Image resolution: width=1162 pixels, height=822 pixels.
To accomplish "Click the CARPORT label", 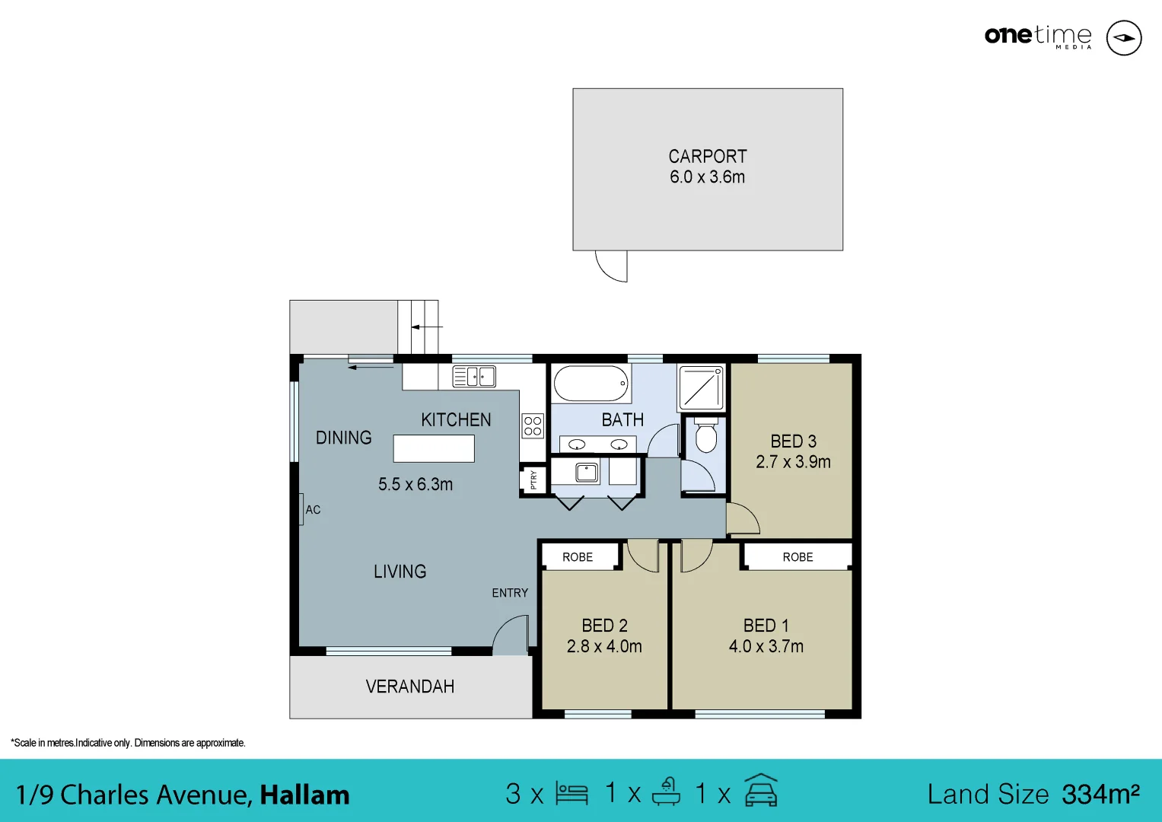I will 708,157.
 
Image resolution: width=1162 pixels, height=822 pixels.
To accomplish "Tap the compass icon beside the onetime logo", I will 1123,37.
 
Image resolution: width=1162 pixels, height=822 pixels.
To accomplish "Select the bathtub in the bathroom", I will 591,384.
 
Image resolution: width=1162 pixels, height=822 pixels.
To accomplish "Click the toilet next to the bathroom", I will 706,436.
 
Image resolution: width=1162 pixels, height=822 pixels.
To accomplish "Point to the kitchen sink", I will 474,376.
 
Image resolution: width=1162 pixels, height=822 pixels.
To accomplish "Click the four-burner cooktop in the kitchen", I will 533,426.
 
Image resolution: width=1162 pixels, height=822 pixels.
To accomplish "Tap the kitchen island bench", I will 434,448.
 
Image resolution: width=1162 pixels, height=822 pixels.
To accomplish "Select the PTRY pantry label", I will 533,480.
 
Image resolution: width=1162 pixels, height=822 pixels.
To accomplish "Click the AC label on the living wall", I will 313,510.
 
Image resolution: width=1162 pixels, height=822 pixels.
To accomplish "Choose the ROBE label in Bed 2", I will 578,557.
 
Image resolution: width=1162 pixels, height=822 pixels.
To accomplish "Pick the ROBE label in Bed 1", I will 797,557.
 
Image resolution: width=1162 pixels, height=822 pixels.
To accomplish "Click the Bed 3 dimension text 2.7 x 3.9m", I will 793,462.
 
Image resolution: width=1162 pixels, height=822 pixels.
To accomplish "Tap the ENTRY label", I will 510,593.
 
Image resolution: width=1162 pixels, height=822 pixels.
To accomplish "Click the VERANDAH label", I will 410,687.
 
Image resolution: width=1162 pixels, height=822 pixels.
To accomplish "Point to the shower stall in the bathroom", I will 702,387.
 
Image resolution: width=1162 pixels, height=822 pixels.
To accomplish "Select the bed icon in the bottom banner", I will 571,794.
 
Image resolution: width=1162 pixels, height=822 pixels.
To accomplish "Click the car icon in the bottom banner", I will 761,792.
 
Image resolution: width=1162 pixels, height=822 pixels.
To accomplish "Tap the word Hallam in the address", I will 304,795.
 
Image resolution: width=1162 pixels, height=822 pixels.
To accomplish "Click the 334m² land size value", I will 1100,794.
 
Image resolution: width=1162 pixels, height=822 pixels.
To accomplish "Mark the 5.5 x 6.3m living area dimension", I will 415,485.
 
